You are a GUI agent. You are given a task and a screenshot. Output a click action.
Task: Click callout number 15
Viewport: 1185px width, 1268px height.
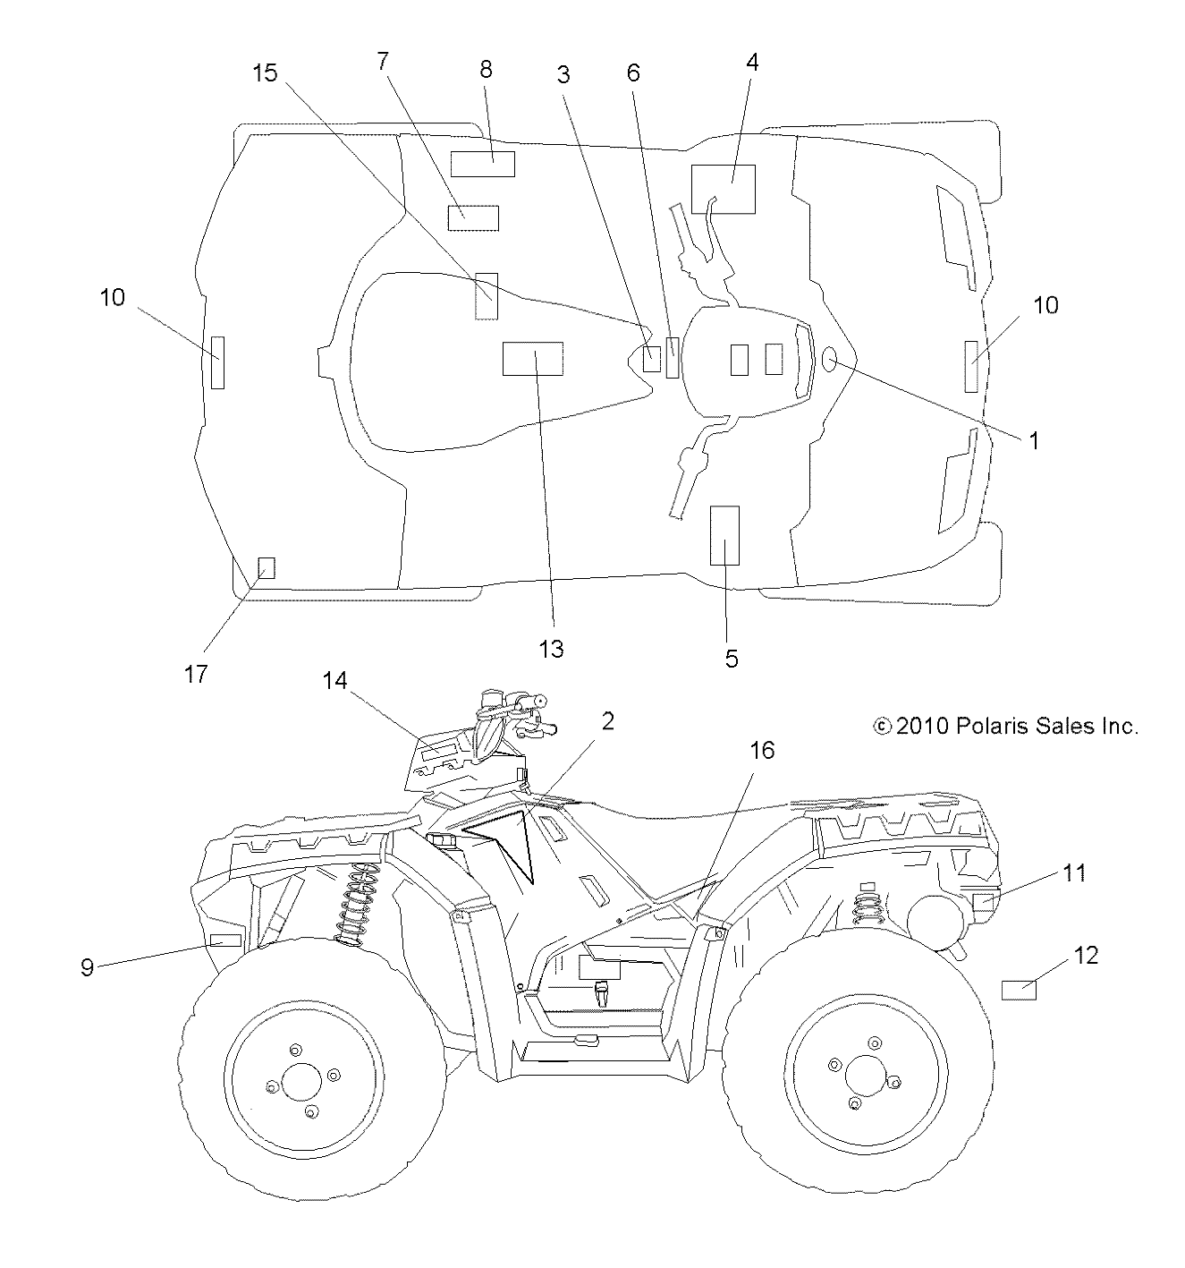[x=266, y=72]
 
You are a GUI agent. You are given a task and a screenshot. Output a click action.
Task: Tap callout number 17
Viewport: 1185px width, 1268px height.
[x=195, y=673]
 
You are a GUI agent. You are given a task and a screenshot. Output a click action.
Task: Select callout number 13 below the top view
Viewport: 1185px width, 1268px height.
[x=552, y=648]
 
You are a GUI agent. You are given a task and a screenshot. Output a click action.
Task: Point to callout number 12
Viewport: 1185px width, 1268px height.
[x=1086, y=955]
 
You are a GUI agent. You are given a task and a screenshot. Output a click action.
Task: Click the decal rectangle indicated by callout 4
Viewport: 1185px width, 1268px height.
[x=723, y=189]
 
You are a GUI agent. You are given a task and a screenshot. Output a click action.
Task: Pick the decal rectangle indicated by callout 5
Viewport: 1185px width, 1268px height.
[x=724, y=535]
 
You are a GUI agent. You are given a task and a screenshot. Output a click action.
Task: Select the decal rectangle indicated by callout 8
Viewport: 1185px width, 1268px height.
[x=482, y=164]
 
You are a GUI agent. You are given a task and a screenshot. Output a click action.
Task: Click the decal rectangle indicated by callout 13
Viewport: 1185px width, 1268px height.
[x=532, y=358]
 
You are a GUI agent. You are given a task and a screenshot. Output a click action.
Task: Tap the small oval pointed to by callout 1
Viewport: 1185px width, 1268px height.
[x=828, y=360]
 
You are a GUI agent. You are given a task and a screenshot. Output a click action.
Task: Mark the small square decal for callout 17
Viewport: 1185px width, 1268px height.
[x=266, y=567]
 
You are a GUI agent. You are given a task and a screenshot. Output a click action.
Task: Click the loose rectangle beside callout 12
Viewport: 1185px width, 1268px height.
[x=1018, y=990]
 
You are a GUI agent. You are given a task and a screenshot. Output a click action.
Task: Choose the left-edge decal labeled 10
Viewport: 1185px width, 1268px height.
[x=217, y=362]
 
